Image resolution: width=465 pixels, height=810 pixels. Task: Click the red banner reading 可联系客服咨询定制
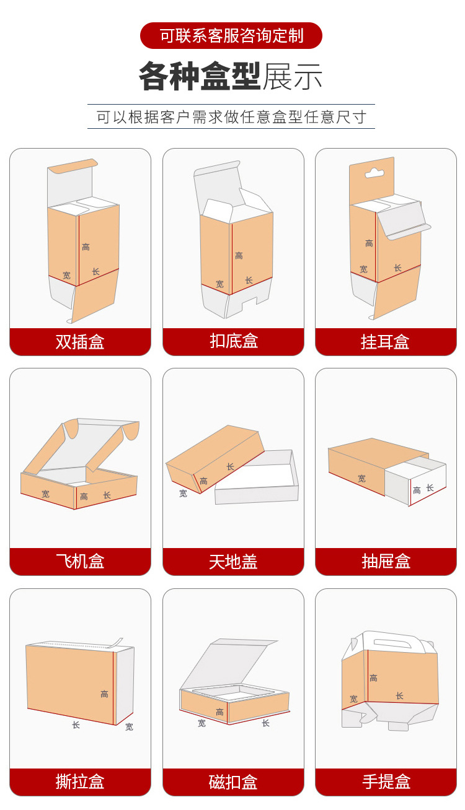coord(231,36)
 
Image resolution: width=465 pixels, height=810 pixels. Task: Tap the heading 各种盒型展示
coord(231,77)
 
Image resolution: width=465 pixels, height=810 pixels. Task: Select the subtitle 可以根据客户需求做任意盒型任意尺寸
coord(231,116)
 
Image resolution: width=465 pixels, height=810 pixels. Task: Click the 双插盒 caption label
coord(80,342)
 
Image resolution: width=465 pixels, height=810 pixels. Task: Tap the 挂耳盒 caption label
coord(386,342)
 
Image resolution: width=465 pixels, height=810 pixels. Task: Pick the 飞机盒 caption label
coord(80,562)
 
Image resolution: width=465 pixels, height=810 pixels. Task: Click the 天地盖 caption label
coord(233,562)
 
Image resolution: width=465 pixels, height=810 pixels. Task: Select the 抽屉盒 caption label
coord(386,562)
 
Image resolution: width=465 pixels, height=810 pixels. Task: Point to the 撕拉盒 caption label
coord(80,782)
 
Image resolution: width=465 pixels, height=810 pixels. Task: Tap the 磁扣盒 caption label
coord(233,782)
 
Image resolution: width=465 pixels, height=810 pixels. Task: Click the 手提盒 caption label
coord(386,782)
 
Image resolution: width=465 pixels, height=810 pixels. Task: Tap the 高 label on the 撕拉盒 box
coord(105,694)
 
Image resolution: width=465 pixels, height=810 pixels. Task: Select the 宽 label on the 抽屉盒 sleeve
coord(361,479)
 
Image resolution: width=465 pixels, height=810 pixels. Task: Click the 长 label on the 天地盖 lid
coord(231,467)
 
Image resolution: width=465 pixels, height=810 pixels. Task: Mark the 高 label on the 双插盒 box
coord(86,247)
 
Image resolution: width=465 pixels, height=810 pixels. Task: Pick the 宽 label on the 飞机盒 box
coord(46,494)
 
